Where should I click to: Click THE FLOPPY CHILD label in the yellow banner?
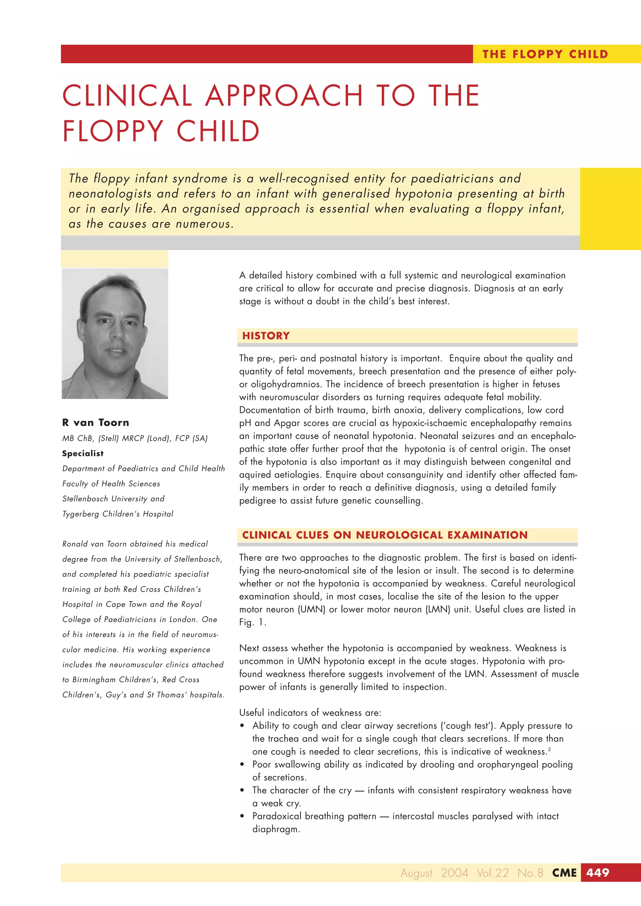point(545,54)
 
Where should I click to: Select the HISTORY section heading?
point(266,336)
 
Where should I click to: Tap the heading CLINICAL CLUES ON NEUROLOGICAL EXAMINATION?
point(385,535)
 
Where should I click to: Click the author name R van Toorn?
point(95,422)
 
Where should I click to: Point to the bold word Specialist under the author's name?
point(83,453)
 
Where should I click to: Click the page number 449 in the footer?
point(597,873)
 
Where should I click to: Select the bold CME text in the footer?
point(564,873)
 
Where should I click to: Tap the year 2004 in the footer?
point(454,873)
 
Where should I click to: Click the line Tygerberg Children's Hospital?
point(118,514)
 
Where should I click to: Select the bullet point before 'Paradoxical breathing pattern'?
point(242,816)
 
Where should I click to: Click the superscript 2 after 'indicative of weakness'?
point(549,749)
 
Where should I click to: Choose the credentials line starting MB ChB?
point(135,438)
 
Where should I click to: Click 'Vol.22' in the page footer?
point(493,873)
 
